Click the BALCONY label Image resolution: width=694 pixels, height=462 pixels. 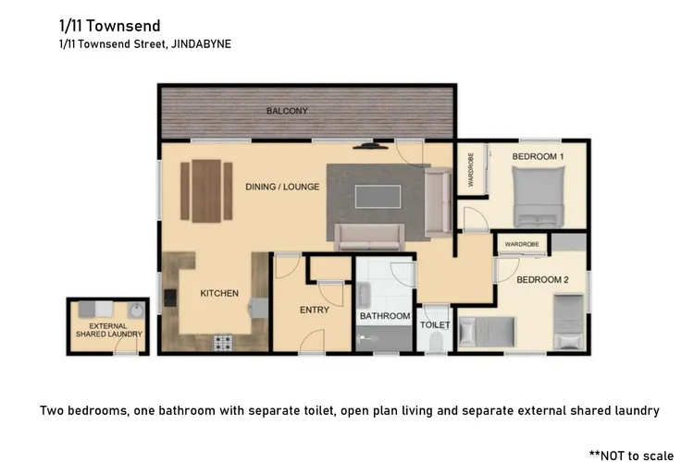tap(287, 111)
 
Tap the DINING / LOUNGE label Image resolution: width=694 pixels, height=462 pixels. tap(282, 187)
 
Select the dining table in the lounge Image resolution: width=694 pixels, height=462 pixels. tap(206, 191)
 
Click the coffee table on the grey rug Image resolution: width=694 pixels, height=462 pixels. tap(378, 197)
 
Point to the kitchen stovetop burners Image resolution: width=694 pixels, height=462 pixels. tap(223, 343)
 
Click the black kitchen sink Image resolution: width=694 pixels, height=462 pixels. tap(170, 298)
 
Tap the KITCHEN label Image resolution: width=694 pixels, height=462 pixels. tap(219, 293)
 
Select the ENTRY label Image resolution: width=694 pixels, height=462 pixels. tap(315, 310)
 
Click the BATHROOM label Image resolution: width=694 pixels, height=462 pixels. tap(385, 316)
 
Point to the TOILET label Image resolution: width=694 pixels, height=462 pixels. tap(435, 325)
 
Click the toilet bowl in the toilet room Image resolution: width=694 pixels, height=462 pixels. tap(436, 342)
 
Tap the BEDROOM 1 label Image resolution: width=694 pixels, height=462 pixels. tap(538, 156)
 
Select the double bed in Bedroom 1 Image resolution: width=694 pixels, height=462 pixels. tap(539, 196)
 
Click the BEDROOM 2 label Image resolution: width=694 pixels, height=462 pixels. tap(542, 280)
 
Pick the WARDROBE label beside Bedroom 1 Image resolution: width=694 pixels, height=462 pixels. tap(470, 169)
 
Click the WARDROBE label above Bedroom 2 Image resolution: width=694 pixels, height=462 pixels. tap(522, 244)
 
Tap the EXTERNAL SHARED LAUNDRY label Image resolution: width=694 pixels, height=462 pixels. tap(109, 330)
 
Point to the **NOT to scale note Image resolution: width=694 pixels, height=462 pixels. tap(632, 456)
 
